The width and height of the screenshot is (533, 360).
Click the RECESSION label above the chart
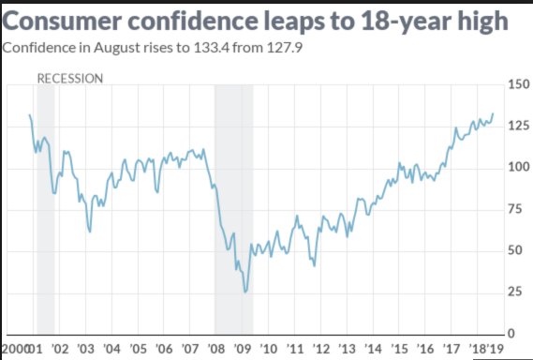tap(70, 79)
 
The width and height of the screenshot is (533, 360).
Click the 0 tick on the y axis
tap(510, 333)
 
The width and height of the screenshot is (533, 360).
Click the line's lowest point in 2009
tap(245, 292)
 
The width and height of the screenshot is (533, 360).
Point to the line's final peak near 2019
tap(493, 113)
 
